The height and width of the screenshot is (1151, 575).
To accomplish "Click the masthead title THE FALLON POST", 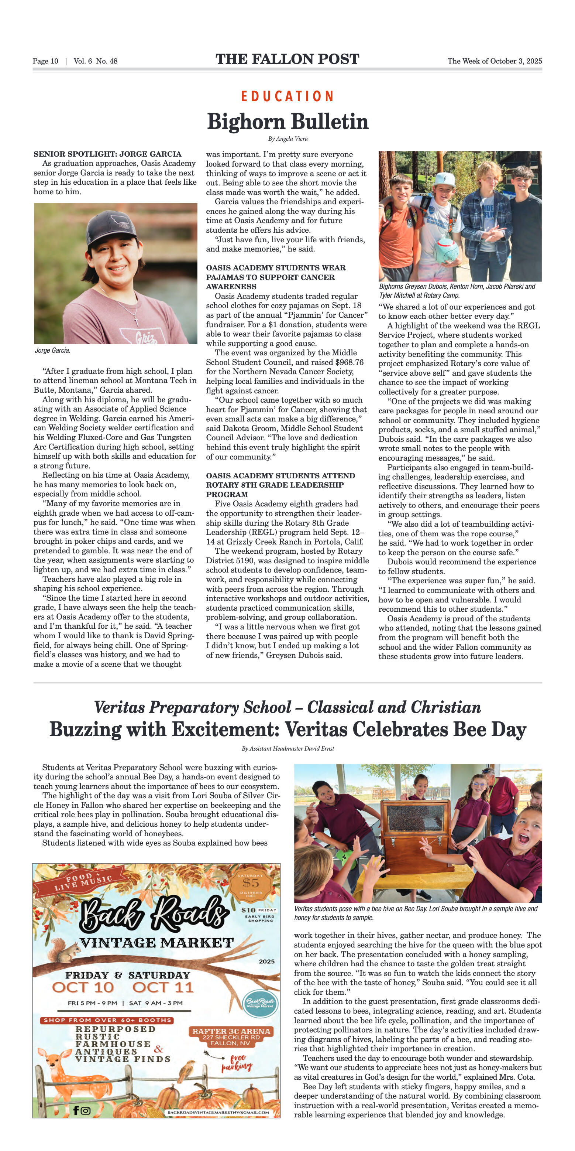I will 287,59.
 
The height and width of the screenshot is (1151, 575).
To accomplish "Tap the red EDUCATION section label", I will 287,96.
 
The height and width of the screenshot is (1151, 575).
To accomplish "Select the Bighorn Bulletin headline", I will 287,122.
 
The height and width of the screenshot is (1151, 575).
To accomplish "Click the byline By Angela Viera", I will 287,139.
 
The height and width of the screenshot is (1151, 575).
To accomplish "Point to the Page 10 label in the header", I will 45,61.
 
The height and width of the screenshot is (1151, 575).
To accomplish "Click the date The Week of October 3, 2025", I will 494,61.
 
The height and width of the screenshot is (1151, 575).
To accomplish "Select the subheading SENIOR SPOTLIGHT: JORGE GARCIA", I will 107,154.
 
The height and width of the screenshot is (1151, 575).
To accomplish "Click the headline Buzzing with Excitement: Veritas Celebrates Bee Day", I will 287,730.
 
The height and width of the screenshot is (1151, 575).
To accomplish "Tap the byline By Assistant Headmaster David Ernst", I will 287,748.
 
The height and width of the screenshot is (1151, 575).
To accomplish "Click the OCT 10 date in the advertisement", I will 83,987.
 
